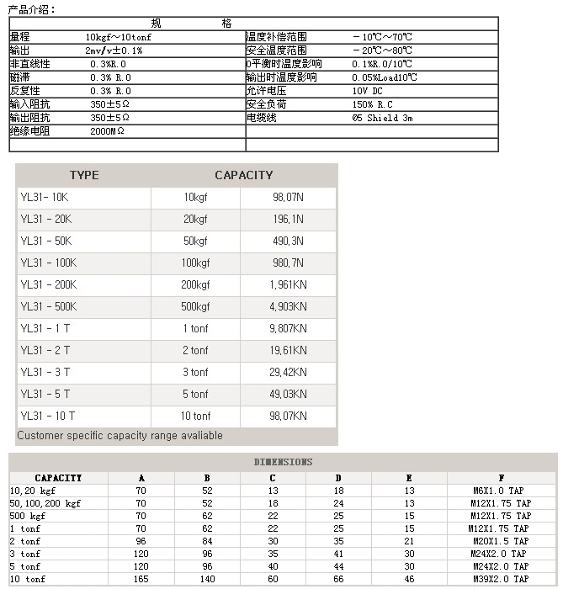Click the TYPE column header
83,175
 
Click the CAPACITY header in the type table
244,175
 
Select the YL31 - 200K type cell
48,285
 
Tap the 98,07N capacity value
288,198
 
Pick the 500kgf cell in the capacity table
195,307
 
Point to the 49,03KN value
288,394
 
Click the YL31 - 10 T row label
48,416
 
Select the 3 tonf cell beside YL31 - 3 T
195,372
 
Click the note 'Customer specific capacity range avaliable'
120,436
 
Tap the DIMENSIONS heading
283,462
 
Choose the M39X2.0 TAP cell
501,579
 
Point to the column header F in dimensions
502,478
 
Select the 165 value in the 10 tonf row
141,579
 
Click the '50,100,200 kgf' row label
45,503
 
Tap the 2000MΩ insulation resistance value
107,132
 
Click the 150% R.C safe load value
373,104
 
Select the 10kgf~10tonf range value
119,37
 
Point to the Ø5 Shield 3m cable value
383,119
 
